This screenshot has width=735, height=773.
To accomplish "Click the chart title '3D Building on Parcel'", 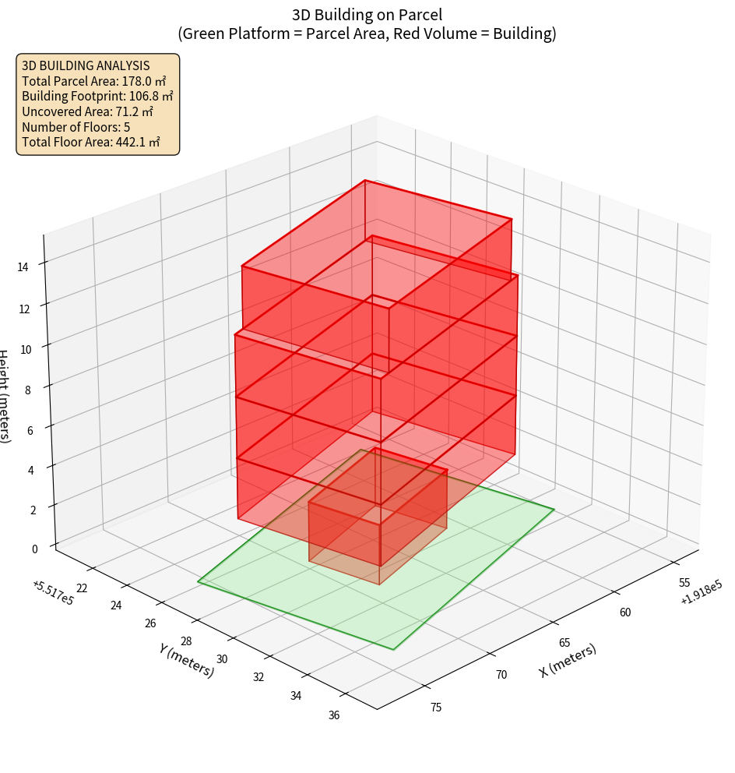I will coord(367,15).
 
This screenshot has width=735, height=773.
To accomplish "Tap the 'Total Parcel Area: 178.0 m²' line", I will coord(94,81).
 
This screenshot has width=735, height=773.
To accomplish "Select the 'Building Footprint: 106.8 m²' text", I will coord(97,97).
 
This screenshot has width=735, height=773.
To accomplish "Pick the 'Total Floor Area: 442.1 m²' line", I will coord(91,143).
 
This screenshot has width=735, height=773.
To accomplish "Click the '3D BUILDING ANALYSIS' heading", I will coord(86,65).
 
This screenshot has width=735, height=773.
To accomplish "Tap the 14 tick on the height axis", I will coord(23,267).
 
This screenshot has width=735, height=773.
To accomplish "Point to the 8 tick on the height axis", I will coord(28,389).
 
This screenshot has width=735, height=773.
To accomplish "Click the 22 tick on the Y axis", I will coord(82,588).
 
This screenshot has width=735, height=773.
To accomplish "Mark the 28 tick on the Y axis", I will coord(186,641).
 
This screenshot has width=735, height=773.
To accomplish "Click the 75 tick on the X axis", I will coord(436,708).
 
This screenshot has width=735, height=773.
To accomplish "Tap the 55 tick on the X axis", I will coord(685,583).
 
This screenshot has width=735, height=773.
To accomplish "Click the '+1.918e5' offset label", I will coord(700,597).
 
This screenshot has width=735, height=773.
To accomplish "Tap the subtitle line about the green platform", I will coord(367,34).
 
